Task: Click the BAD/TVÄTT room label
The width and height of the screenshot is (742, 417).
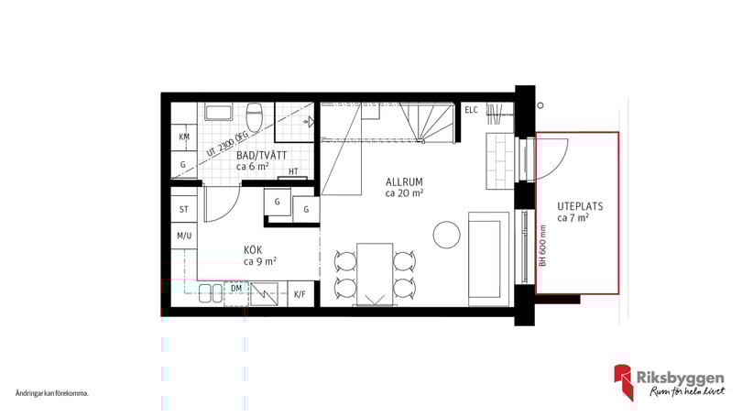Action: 262,155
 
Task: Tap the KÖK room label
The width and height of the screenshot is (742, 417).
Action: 253,250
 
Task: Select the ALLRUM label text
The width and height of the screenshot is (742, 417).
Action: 404,182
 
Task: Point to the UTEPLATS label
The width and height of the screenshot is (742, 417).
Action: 580,206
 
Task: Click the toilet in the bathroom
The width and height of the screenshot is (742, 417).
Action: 255,117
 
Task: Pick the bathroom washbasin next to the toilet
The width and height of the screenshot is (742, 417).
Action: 218,112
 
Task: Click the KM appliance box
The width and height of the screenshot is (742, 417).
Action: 184,137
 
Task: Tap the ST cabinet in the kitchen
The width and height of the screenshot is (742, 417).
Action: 184,209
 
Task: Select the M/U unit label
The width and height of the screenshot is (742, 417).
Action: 184,236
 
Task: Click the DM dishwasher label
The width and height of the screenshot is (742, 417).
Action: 236,288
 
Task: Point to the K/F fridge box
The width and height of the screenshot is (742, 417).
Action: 300,294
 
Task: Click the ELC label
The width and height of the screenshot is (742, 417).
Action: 472,110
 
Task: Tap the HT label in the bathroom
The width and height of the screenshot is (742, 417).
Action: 293,171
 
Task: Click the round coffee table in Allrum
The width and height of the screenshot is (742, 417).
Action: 447,235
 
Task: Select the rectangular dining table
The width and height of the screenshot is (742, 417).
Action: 375,274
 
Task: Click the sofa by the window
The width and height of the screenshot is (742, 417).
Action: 489,259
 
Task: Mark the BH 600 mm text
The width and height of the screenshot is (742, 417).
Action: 543,246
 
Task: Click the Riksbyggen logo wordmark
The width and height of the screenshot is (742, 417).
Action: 680,379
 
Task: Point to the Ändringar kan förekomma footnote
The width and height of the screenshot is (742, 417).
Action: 52,393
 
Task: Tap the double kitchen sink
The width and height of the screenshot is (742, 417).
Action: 211,293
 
